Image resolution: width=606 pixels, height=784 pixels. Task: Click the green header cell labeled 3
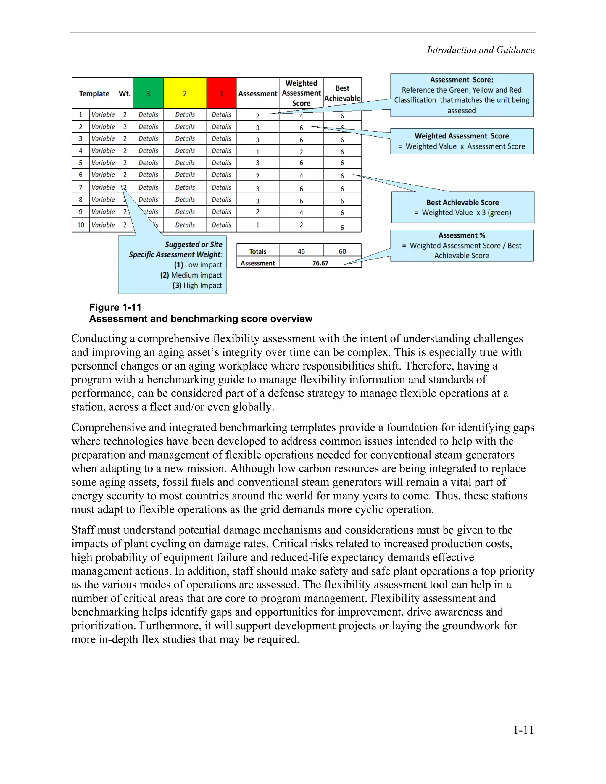point(148,93)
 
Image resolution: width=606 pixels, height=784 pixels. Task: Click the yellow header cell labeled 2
point(185,93)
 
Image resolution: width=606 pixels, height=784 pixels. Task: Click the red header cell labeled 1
point(222,93)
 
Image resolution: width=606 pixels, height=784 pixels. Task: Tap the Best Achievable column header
point(342,93)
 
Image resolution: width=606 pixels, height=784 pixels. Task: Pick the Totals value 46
point(301,251)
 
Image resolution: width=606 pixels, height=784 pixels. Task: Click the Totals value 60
point(342,251)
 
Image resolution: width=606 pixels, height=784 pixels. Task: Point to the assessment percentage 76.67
point(320,263)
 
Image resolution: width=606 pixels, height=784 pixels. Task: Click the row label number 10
point(80,225)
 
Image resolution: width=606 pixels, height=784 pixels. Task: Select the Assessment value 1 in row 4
point(257,152)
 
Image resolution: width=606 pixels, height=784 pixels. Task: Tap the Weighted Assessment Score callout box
point(462,141)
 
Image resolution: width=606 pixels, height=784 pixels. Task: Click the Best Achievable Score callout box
point(462,207)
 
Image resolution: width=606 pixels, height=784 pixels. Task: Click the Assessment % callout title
point(462,235)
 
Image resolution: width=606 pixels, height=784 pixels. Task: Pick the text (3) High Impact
point(197,285)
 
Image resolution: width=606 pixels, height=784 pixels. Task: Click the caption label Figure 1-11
point(115,307)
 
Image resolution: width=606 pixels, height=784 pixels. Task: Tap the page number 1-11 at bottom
point(523,730)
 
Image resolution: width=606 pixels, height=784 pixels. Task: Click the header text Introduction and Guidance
point(480,50)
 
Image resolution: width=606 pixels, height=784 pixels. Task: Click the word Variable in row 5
point(103,163)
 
